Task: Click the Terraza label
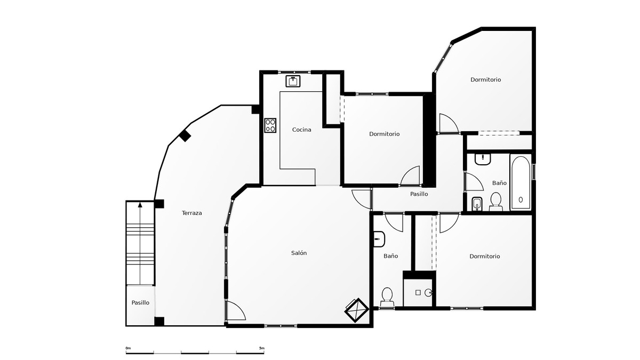click(x=191, y=213)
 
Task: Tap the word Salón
click(x=299, y=253)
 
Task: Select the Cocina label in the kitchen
click(x=301, y=130)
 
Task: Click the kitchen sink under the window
click(x=293, y=81)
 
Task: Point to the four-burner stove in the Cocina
click(x=270, y=125)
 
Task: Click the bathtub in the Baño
click(x=520, y=182)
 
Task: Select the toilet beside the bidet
click(x=495, y=201)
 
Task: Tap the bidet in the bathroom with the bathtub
click(x=477, y=203)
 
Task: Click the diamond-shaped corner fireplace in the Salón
click(x=356, y=309)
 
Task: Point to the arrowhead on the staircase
click(x=140, y=204)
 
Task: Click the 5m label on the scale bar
click(x=261, y=348)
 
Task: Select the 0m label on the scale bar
click(x=128, y=348)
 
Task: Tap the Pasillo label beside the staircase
click(x=140, y=302)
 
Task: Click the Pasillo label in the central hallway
click(x=419, y=194)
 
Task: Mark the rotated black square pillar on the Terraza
click(x=185, y=135)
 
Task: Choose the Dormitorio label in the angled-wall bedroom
click(x=485, y=79)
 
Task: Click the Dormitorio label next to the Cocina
click(x=384, y=134)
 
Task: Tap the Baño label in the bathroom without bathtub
click(x=390, y=256)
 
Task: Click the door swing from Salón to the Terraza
click(x=236, y=310)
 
